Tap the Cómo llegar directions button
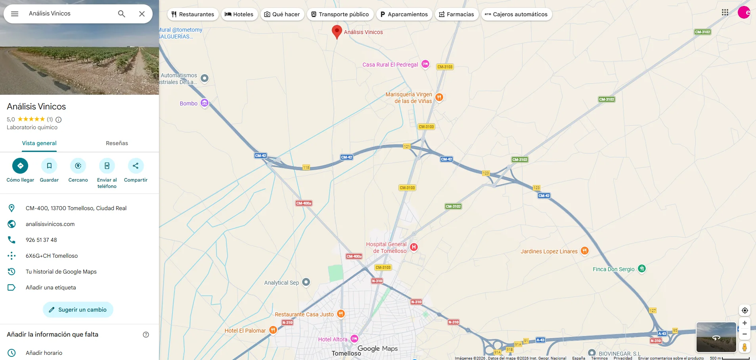pyautogui.click(x=20, y=166)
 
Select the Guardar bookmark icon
pyautogui.click(x=49, y=166)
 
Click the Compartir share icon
pyautogui.click(x=136, y=166)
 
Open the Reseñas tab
pyautogui.click(x=117, y=143)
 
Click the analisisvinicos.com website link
pyautogui.click(x=50, y=224)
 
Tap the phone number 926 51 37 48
pyautogui.click(x=41, y=240)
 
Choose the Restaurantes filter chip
pyautogui.click(x=193, y=14)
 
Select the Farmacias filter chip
pyautogui.click(x=457, y=14)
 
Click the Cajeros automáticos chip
pyautogui.click(x=516, y=14)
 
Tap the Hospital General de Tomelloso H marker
pyautogui.click(x=414, y=247)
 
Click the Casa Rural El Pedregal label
pyautogui.click(x=390, y=65)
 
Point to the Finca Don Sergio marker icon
pyautogui.click(x=642, y=269)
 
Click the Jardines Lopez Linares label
pyautogui.click(x=549, y=251)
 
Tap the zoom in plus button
pyautogui.click(x=745, y=323)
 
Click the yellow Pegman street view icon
pyautogui.click(x=745, y=347)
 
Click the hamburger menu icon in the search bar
pyautogui.click(x=15, y=14)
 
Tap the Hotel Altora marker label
pyautogui.click(x=333, y=339)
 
